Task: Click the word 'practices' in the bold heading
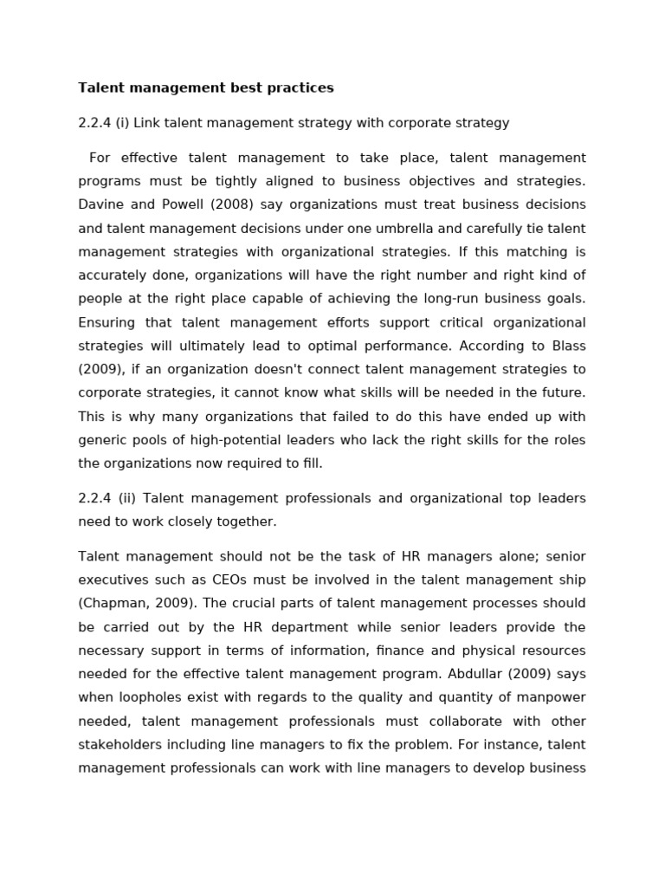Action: [301, 87]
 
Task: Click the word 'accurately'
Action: [113, 275]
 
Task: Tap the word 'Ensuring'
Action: [107, 322]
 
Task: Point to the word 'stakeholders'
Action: [119, 744]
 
